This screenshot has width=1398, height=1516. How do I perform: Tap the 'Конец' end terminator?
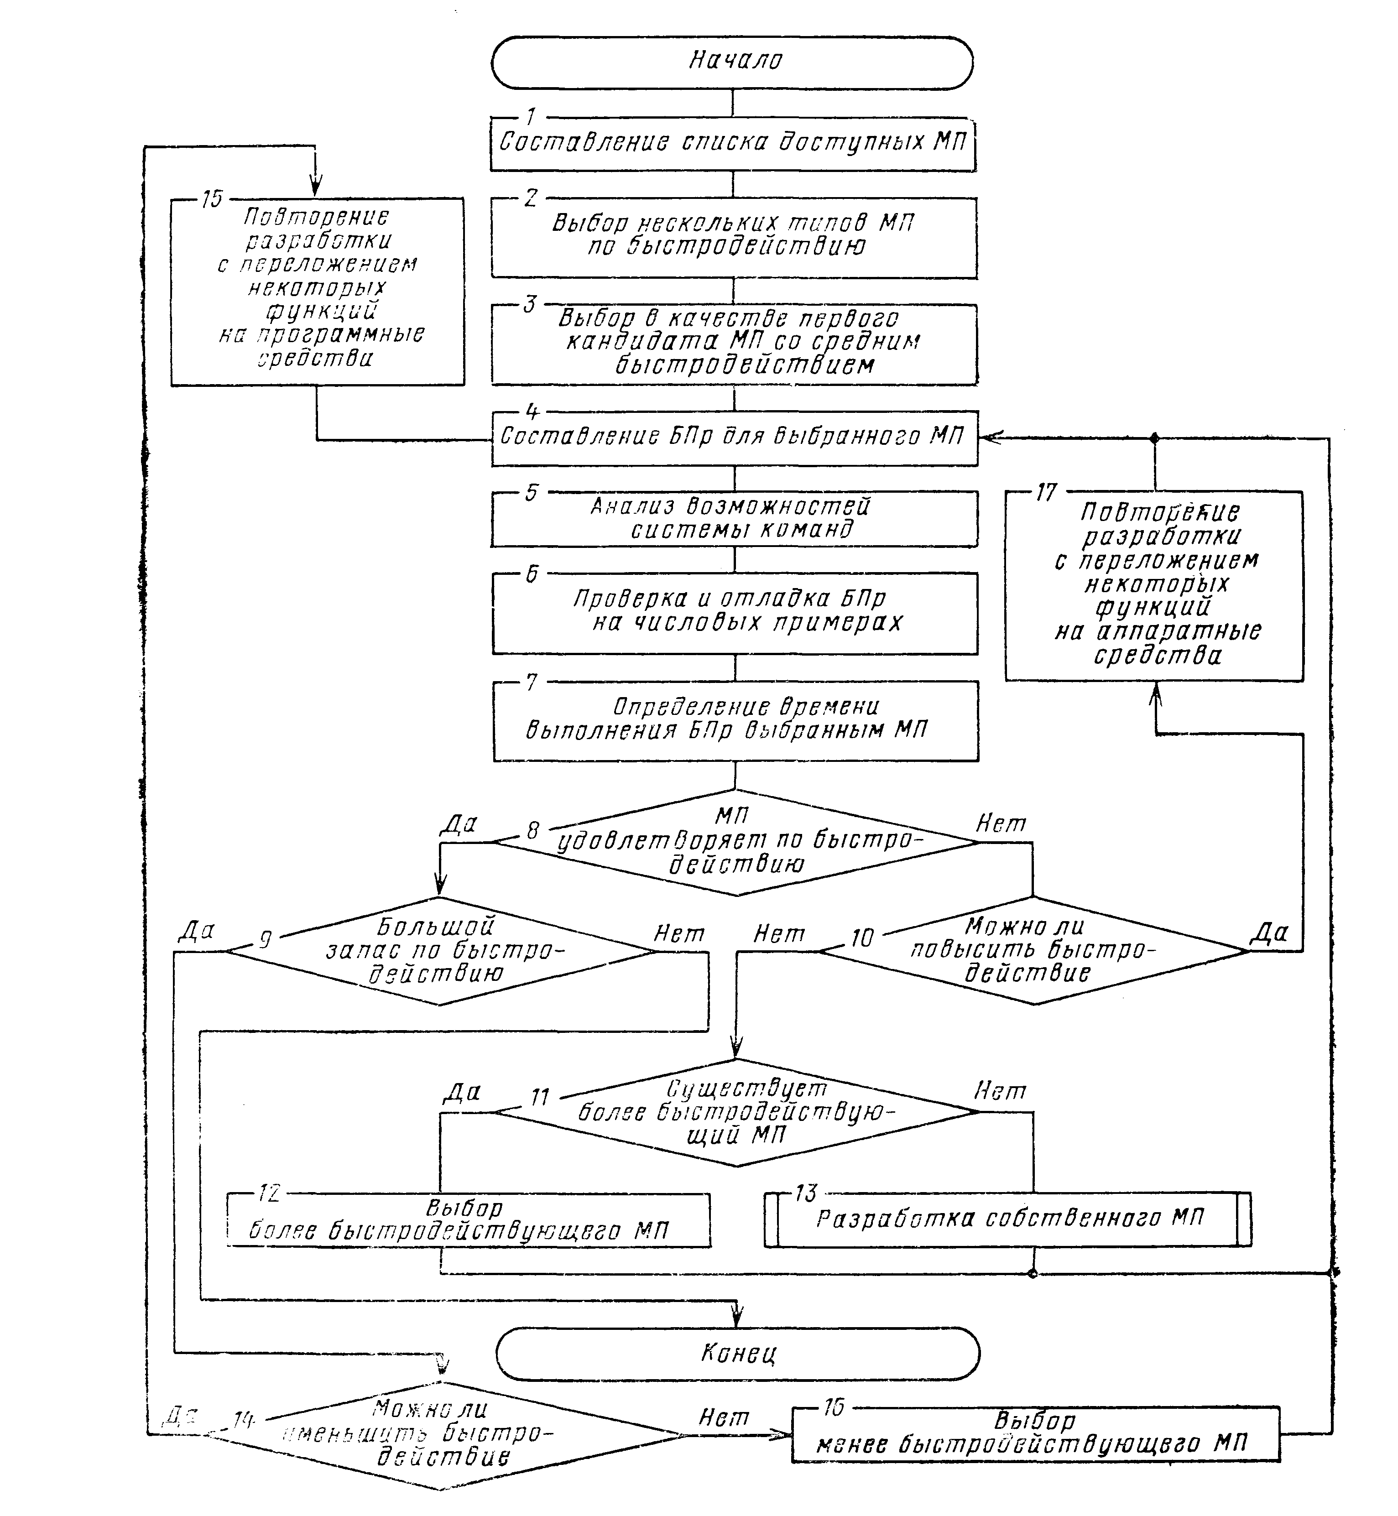tap(738, 1353)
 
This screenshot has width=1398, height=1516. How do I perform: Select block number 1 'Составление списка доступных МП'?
tap(732, 143)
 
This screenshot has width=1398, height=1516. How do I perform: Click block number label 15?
tap(212, 199)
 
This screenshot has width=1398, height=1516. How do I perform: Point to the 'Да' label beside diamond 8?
tap(459, 823)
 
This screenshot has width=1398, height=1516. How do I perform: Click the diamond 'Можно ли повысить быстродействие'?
tap(1033, 950)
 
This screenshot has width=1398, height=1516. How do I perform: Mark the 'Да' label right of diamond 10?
tap(1268, 933)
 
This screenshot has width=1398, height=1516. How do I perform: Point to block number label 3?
tap(530, 304)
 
